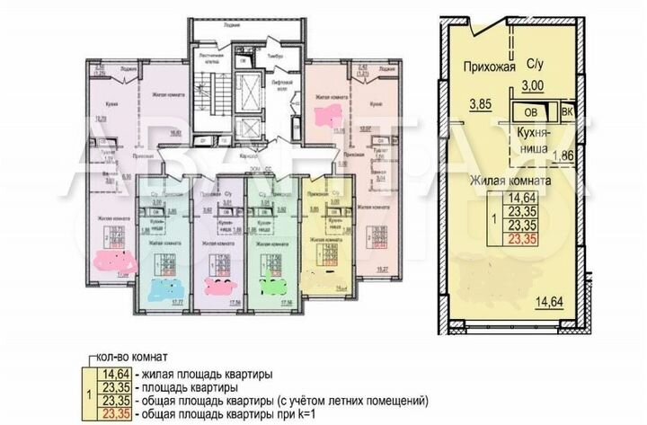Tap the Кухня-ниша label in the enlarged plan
[535, 140]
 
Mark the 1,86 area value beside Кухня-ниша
[563, 155]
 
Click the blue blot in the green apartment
[164, 289]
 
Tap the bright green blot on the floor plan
[270, 289]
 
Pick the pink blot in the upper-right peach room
[323, 115]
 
